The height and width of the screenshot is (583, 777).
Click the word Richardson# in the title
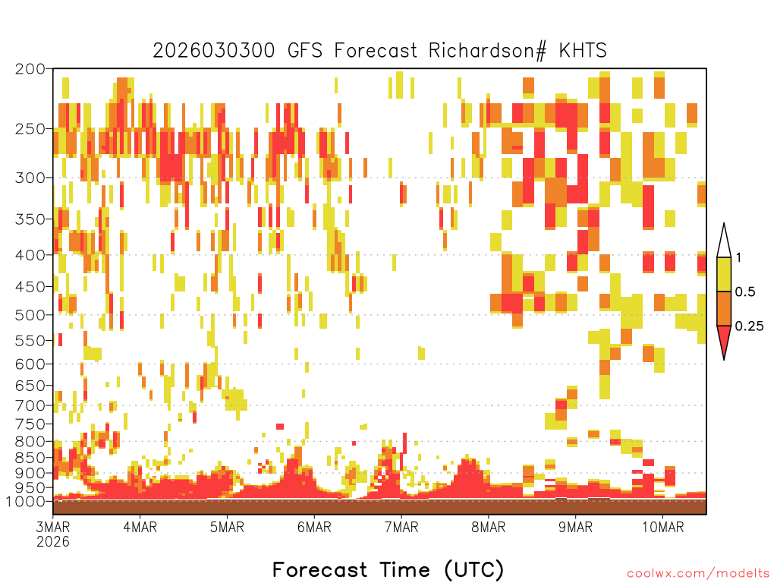(x=487, y=51)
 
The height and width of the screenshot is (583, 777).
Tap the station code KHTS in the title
(x=583, y=51)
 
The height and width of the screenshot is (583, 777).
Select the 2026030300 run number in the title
(x=214, y=51)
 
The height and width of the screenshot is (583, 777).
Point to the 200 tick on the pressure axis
(x=30, y=69)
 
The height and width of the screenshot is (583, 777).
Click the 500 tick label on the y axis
(x=30, y=315)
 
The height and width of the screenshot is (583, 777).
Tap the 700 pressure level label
(x=30, y=405)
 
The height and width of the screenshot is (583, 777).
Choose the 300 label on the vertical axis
(x=30, y=178)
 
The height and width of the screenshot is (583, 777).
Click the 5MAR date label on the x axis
(x=227, y=527)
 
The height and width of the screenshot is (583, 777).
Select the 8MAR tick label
(x=488, y=527)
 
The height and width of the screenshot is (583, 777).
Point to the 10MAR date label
(x=662, y=527)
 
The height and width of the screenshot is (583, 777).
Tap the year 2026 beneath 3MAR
(x=53, y=542)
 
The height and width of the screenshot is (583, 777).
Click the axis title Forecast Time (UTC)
(x=388, y=569)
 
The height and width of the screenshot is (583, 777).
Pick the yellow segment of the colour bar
(x=724, y=274)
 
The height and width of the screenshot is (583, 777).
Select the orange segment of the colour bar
(x=724, y=308)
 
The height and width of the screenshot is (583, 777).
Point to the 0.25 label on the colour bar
(x=749, y=326)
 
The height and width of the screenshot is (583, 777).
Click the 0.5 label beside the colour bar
(x=745, y=292)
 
